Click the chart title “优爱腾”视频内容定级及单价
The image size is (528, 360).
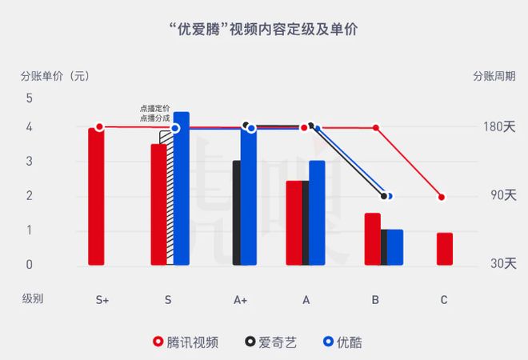(264, 30)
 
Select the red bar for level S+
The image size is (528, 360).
(96, 196)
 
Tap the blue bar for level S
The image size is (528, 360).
(182, 189)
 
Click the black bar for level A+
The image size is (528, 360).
(236, 213)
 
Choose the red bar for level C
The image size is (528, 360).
(445, 249)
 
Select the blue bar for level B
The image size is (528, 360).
(395, 247)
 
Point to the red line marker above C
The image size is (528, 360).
(442, 197)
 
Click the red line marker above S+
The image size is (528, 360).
(99, 127)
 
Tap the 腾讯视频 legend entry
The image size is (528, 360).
(186, 342)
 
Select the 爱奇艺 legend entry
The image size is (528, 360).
(271, 342)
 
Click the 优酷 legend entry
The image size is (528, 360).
(342, 342)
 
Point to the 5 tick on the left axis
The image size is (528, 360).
(30, 98)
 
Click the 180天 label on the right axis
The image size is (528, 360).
(498, 127)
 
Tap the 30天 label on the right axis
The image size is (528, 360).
(502, 264)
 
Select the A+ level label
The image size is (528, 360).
(241, 300)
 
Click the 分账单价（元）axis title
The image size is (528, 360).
(54, 77)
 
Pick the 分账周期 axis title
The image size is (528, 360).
(494, 77)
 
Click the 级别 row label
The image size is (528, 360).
(33, 299)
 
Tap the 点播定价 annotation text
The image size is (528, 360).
(154, 109)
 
